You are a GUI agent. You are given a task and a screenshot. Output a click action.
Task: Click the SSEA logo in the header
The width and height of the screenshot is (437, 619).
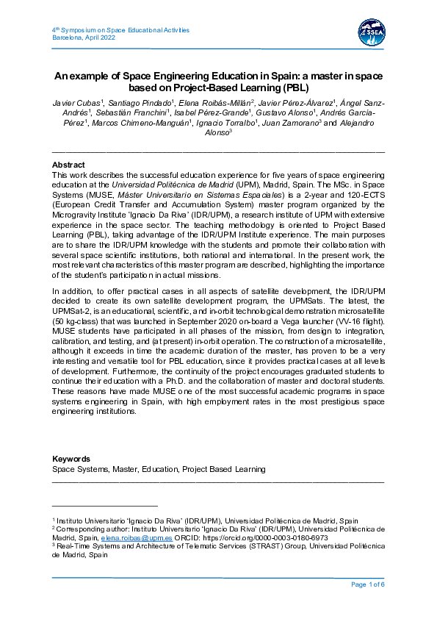(x=369, y=34)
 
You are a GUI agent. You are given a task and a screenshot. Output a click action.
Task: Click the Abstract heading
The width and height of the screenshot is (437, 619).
(x=68, y=165)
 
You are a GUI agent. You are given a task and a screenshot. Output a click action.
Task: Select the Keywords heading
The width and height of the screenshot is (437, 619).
(x=71, y=459)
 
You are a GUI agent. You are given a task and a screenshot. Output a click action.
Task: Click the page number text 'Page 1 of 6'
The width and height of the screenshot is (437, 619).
(x=367, y=584)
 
